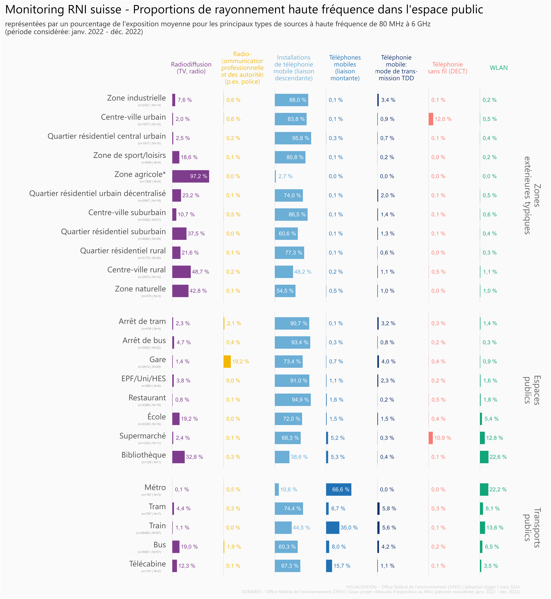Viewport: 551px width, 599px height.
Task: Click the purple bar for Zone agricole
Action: [x=191, y=176]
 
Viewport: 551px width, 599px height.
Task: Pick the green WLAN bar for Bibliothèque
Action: [x=484, y=457]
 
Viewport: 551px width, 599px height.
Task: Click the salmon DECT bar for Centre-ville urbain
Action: [x=431, y=119]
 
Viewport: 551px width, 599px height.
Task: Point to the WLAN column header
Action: [x=499, y=68]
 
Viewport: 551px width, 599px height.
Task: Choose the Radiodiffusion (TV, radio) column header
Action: [x=191, y=68]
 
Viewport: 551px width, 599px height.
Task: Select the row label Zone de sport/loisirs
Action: [x=129, y=155]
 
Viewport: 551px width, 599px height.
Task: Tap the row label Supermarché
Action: [x=143, y=436]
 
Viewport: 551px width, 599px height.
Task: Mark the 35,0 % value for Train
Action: [x=349, y=527]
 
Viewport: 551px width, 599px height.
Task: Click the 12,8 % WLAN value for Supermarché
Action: [x=494, y=438]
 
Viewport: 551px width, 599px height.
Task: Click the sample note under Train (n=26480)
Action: [x=148, y=533]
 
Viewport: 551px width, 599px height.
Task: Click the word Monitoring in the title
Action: [x=35, y=10]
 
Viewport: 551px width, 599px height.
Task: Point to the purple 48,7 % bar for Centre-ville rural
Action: [x=181, y=272]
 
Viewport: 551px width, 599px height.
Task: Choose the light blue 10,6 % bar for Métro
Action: [x=277, y=489]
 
